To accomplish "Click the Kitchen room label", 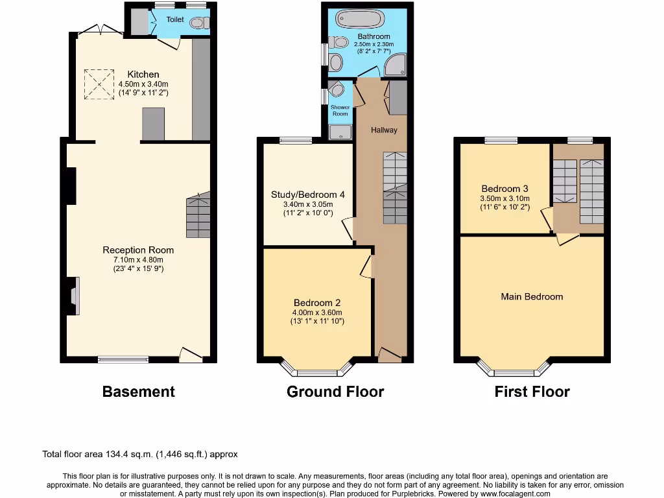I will [x=143, y=75].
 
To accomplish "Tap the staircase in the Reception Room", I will [x=198, y=215].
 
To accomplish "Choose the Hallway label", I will [x=384, y=130].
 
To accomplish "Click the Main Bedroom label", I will [x=532, y=296].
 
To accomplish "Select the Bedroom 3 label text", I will [x=504, y=189].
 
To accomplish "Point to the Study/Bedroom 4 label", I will [x=308, y=195].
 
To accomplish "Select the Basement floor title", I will [x=138, y=392].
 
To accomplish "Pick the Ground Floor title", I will [x=335, y=392].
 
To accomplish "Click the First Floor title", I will [x=532, y=392].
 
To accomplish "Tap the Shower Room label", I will [x=340, y=110].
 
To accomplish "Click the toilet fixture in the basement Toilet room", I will [x=198, y=23].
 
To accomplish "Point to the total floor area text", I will [x=144, y=455].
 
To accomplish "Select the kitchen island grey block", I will [x=154, y=124].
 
